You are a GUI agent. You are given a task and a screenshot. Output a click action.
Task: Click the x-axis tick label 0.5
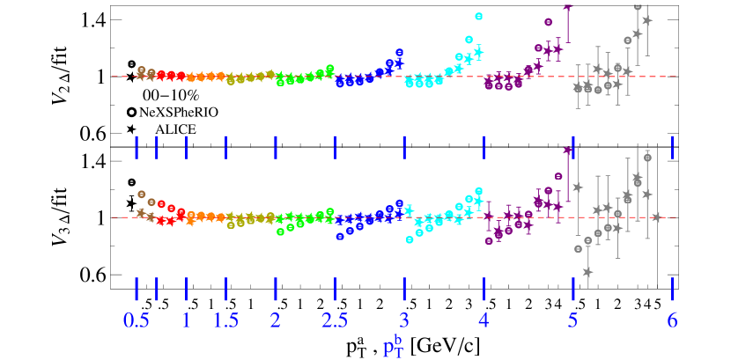tap(137, 320)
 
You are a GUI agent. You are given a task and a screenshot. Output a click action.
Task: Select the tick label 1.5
tap(225, 320)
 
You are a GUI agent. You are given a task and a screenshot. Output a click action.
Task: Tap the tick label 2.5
tap(335, 320)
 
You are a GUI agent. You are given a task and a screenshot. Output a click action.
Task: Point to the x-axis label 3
tap(404, 320)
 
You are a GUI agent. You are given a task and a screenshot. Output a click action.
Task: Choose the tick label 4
tap(484, 320)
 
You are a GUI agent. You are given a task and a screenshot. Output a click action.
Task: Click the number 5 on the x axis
tap(573, 320)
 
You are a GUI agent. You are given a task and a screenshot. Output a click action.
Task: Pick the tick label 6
tap(672, 320)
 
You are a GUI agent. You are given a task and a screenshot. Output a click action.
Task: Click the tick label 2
tap(276, 320)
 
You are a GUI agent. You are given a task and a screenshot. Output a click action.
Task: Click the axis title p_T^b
tap(393, 346)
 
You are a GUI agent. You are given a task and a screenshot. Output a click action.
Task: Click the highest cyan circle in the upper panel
tap(479, 16)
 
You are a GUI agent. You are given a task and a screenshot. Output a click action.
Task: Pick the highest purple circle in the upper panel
tap(548, 21)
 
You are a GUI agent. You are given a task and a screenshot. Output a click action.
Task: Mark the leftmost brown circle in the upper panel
tap(141, 70)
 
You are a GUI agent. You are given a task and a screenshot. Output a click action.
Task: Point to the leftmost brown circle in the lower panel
tap(141, 194)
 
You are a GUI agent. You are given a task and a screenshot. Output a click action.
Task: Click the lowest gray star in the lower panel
tap(587, 272)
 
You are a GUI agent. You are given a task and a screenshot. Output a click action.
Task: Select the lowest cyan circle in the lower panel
tap(410, 239)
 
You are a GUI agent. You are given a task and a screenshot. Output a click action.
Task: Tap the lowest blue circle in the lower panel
tap(340, 236)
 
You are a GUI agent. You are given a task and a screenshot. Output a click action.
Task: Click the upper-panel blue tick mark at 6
tap(672, 147)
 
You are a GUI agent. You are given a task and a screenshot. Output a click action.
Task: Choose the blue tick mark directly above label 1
tap(186, 289)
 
